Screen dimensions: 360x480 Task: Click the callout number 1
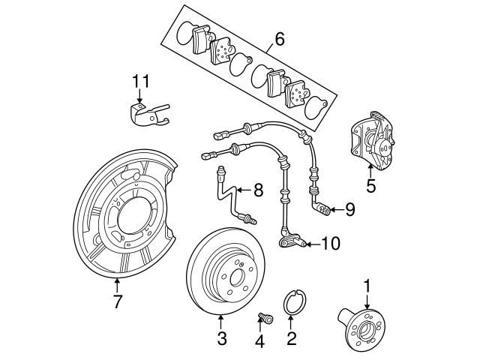point(367,285)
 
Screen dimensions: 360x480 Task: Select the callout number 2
point(292,338)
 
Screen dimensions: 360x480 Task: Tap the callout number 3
point(221,338)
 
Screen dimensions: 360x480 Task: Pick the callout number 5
point(370,186)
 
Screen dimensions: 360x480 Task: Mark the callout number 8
point(257,190)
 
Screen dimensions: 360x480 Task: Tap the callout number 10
point(330,242)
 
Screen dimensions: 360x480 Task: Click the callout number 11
point(142,80)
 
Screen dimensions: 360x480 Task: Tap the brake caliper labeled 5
point(372,142)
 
